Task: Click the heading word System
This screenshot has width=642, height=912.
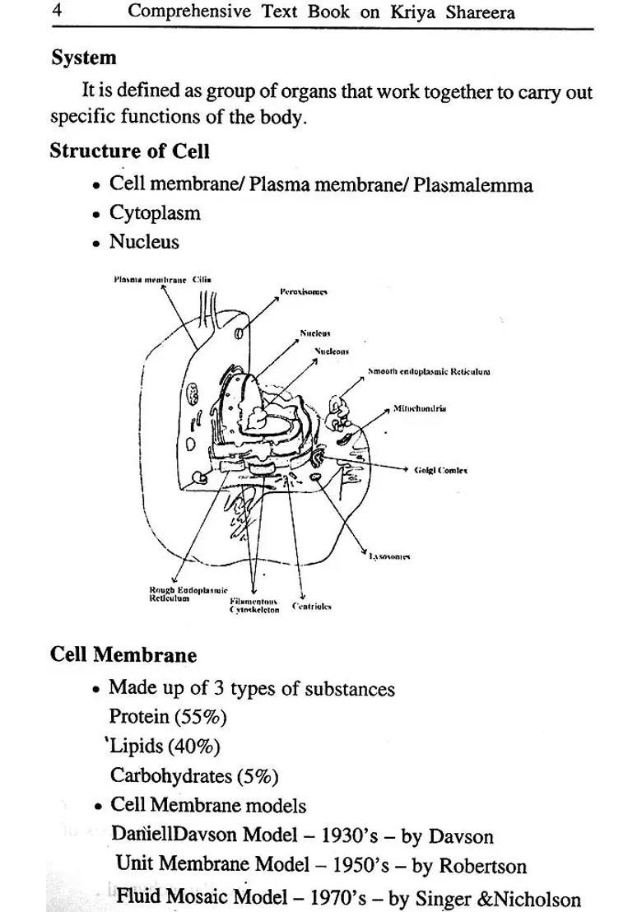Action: (x=84, y=58)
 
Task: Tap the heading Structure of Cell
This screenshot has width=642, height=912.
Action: (x=129, y=151)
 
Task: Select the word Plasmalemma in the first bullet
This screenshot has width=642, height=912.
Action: (x=472, y=184)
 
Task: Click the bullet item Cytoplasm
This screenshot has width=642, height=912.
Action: (x=155, y=213)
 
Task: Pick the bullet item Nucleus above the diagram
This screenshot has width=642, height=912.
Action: (x=144, y=242)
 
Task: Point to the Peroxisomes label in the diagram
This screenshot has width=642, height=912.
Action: (x=304, y=291)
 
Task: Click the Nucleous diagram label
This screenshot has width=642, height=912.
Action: (x=333, y=351)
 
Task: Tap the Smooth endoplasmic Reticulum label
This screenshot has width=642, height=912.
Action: (x=429, y=371)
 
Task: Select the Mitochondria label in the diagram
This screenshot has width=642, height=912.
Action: (x=420, y=408)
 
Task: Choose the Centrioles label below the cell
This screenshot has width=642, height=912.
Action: (x=312, y=606)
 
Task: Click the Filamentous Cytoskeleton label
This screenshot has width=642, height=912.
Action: (x=254, y=605)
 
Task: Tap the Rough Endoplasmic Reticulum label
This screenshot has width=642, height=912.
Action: (x=176, y=594)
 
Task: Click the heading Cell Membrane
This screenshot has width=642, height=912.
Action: (x=123, y=655)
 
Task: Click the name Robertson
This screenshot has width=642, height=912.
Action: (x=482, y=866)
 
